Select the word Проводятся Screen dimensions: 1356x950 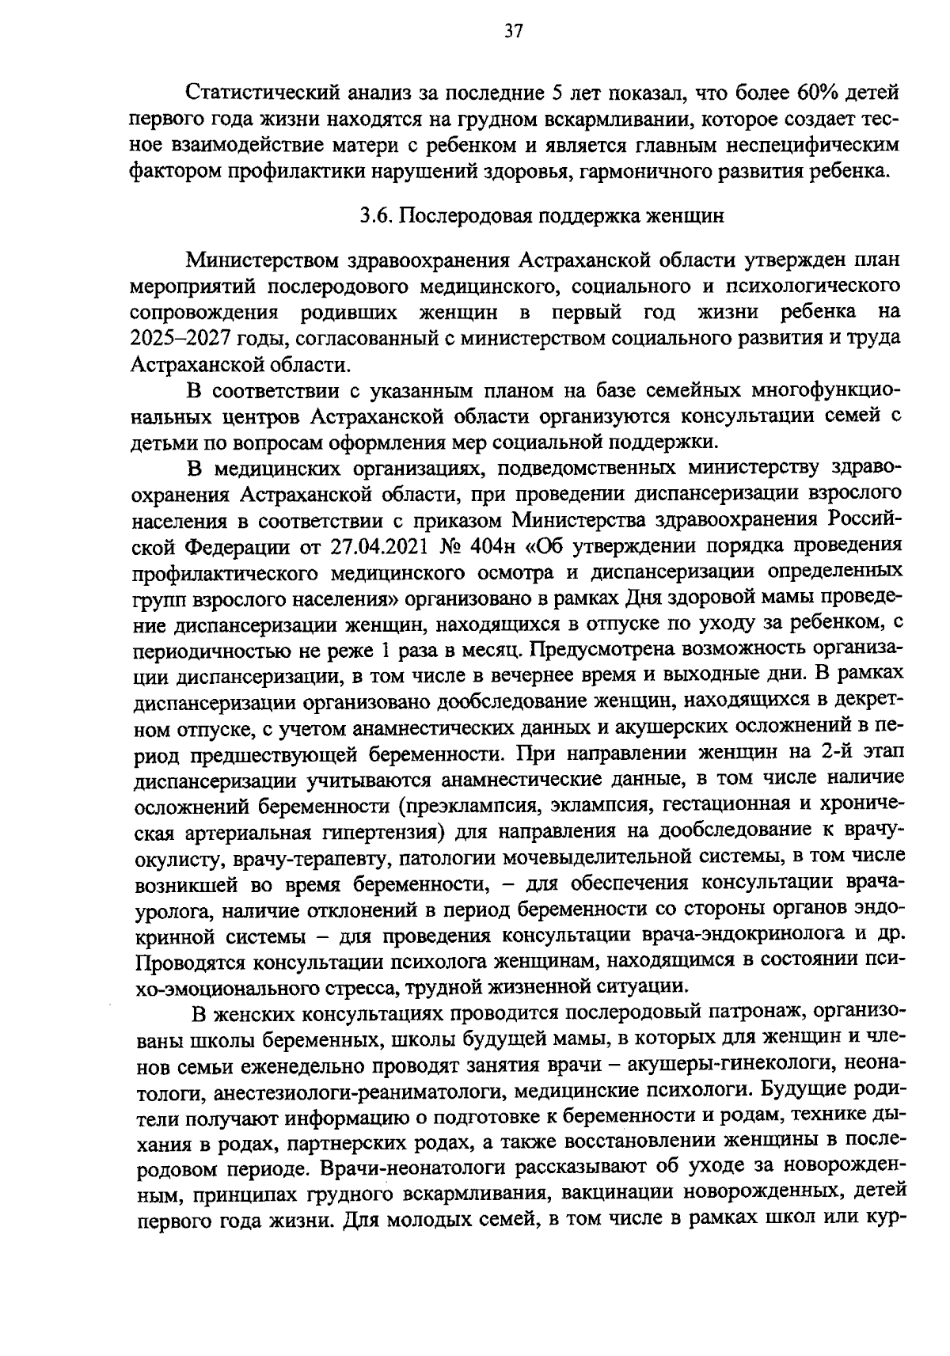pos(190,961)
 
